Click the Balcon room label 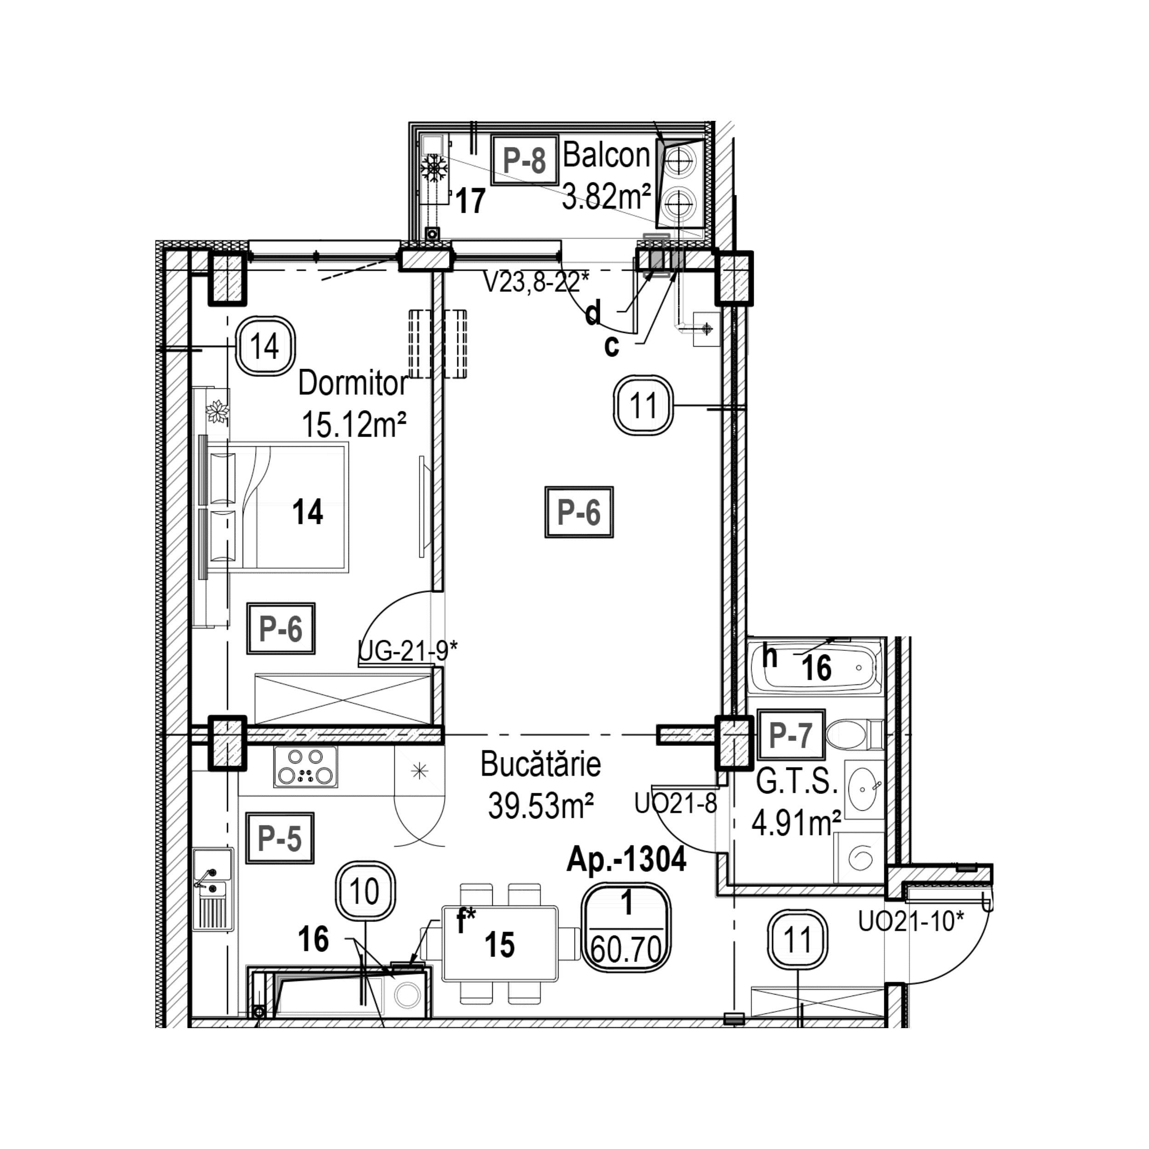[x=607, y=156]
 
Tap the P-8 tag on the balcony [x=524, y=160]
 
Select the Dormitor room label [x=352, y=384]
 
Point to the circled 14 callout [x=265, y=346]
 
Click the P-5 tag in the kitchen [x=279, y=839]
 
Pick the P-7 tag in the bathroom [x=791, y=735]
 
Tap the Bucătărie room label [x=540, y=765]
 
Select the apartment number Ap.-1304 [x=626, y=860]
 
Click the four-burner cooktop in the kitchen [x=306, y=767]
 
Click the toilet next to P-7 [x=854, y=735]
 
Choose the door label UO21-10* [x=910, y=922]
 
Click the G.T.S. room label [x=796, y=784]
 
